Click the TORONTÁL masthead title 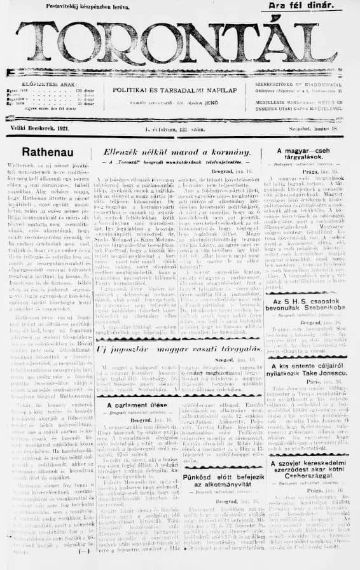(180, 43)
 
